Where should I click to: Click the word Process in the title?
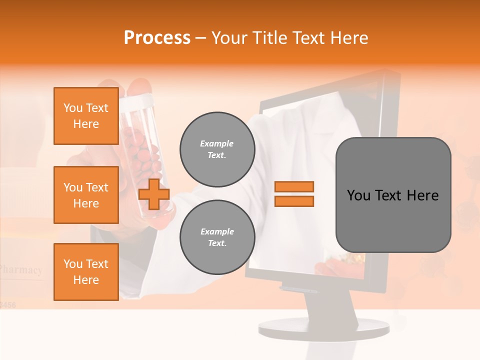tap(157, 38)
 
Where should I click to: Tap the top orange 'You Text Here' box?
tap(86, 116)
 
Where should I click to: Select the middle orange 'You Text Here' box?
tap(86, 195)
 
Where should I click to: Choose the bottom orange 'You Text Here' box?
tap(86, 272)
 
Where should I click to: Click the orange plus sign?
tap(154, 194)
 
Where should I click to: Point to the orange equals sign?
tap(294, 194)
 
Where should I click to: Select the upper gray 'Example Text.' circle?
tap(217, 149)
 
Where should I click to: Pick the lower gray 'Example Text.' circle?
tap(217, 237)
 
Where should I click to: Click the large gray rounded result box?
tap(393, 195)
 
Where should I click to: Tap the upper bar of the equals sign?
tap(294, 187)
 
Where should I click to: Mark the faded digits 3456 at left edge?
tap(8, 304)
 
